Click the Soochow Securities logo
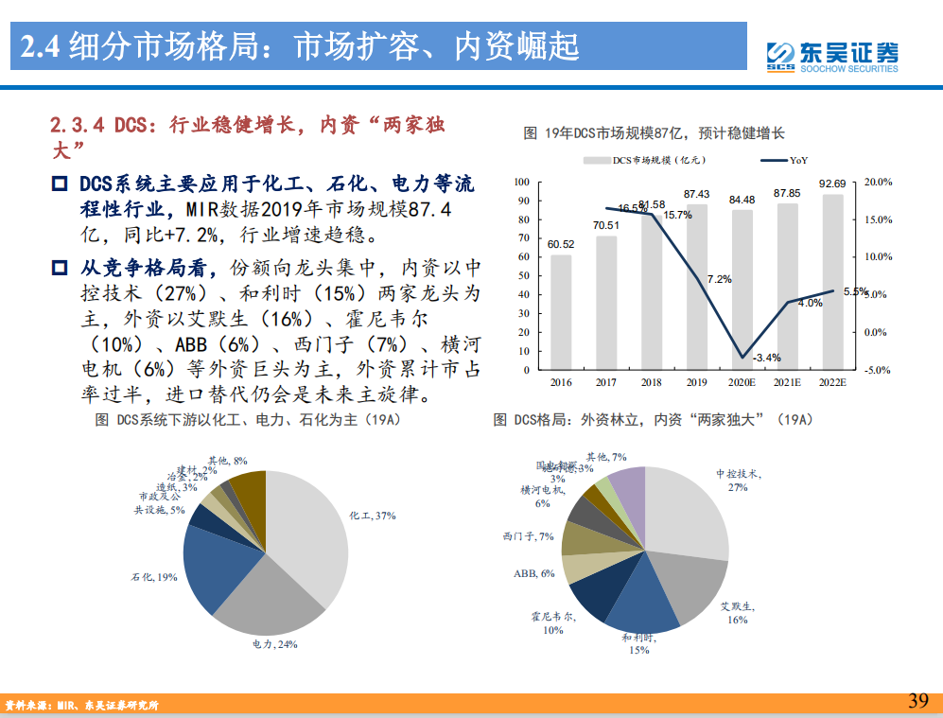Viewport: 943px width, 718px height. tap(831, 56)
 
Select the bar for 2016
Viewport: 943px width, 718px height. tap(561, 312)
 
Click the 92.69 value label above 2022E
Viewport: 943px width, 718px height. tap(832, 184)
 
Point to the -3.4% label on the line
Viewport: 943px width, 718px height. tap(766, 358)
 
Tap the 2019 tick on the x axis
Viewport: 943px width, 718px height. tap(696, 382)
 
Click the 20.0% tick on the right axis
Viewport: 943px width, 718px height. tap(879, 182)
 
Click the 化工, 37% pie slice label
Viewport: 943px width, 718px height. tap(372, 516)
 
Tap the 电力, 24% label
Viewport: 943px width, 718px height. tap(274, 644)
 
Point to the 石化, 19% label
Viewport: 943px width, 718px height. tap(153, 576)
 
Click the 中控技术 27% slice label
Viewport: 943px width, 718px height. tap(738, 480)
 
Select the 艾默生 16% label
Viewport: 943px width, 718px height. tap(737, 612)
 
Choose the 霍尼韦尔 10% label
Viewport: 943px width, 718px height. tap(553, 623)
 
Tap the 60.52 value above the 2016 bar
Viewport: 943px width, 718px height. tap(561, 244)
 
